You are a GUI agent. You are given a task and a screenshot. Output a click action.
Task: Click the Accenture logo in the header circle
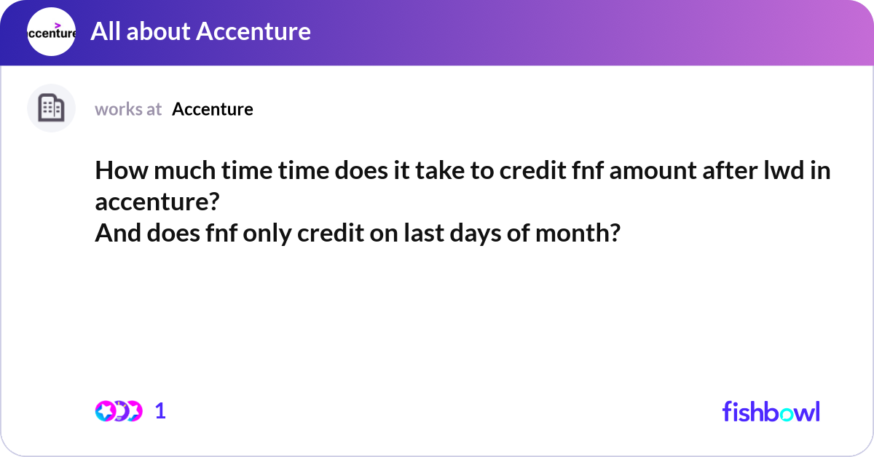point(51,32)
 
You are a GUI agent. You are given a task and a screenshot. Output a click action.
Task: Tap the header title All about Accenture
point(200,31)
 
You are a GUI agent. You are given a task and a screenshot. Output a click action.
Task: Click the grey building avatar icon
point(51,108)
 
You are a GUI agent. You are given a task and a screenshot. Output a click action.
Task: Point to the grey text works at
point(128,109)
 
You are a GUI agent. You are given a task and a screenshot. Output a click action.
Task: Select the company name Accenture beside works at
point(213,109)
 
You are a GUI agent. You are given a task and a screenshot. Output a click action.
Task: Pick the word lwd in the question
point(780,172)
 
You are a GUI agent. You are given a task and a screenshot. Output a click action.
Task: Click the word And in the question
point(114,234)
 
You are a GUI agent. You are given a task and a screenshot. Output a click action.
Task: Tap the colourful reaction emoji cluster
point(118,411)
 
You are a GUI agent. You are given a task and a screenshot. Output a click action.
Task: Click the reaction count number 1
point(160,411)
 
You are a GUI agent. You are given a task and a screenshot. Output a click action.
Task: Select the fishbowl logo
point(771,411)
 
